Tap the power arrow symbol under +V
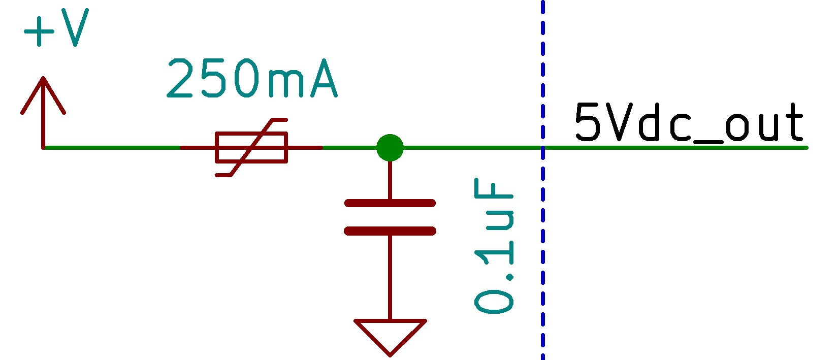click(x=43, y=102)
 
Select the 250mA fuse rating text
click(x=251, y=79)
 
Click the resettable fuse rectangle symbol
click(x=251, y=147)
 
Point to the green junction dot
click(x=390, y=148)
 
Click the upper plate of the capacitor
click(x=390, y=203)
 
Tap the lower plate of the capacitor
click(x=390, y=231)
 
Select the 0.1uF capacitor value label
click(x=494, y=246)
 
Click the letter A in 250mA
click(x=324, y=79)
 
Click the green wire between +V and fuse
click(x=112, y=148)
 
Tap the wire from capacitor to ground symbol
click(x=390, y=277)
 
